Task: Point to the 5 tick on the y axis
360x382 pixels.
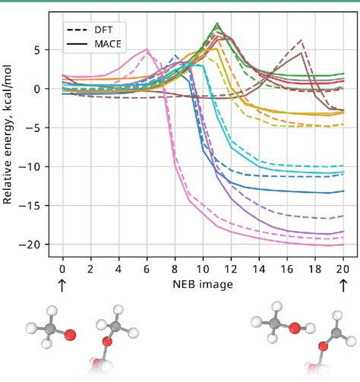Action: click(47, 50)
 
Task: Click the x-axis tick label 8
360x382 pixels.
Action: click(175, 268)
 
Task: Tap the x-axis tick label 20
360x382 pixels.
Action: click(343, 268)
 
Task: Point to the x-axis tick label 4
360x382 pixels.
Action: click(118, 268)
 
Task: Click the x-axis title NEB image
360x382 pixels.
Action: click(202, 283)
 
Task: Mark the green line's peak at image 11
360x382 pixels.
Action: click(217, 24)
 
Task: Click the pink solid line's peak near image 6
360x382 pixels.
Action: click(147, 50)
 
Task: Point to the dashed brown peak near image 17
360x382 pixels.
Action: click(302, 39)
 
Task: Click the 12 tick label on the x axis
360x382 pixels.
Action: click(231, 268)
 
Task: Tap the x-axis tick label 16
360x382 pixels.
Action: click(287, 268)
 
